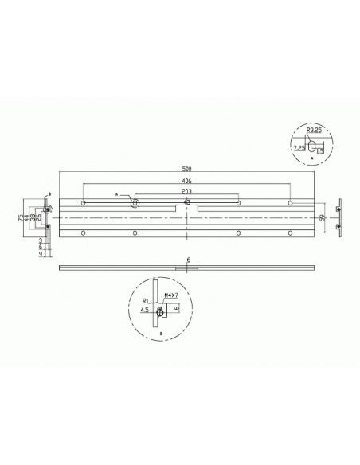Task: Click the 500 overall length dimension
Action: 186,169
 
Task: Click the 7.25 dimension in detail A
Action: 299,147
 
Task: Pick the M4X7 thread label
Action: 168,295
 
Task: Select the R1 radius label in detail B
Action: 145,301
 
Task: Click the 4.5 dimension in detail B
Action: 144,311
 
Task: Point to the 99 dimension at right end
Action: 323,217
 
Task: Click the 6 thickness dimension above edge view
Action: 188,260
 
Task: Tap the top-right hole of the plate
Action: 291,203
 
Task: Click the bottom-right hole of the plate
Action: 291,232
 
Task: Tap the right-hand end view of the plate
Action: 340,217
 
